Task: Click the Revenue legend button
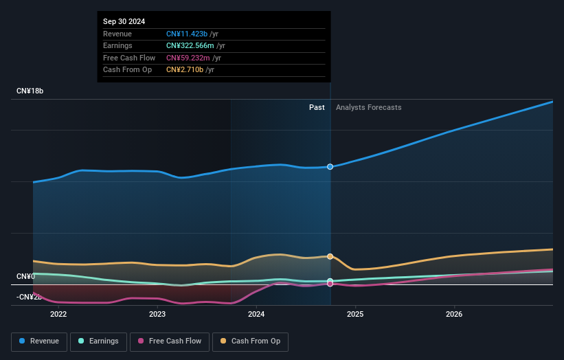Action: pos(39,341)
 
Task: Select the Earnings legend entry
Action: pos(98,341)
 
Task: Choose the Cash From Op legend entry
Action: pos(251,341)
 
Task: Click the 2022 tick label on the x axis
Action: pos(58,315)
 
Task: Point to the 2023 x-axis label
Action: pos(157,315)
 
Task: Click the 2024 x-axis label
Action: pos(256,315)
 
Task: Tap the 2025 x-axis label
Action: pos(355,315)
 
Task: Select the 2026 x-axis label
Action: pos(454,315)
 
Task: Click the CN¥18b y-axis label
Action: pos(30,91)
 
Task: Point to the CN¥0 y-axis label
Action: pos(26,276)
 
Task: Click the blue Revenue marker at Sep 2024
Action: pos(330,167)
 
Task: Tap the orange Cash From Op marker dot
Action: pos(330,256)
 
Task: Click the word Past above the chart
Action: pos(317,107)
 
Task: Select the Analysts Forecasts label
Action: pos(368,107)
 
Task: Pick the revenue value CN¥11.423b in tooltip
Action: pos(186,34)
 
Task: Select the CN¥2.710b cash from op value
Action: pos(183,69)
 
